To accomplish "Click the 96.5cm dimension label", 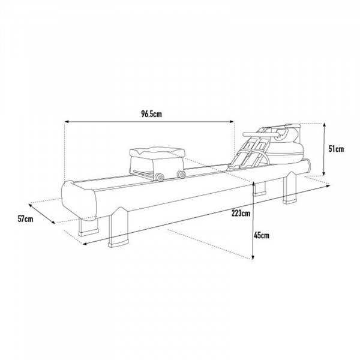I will click(149, 112).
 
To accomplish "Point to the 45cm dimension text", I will click(261, 235).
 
